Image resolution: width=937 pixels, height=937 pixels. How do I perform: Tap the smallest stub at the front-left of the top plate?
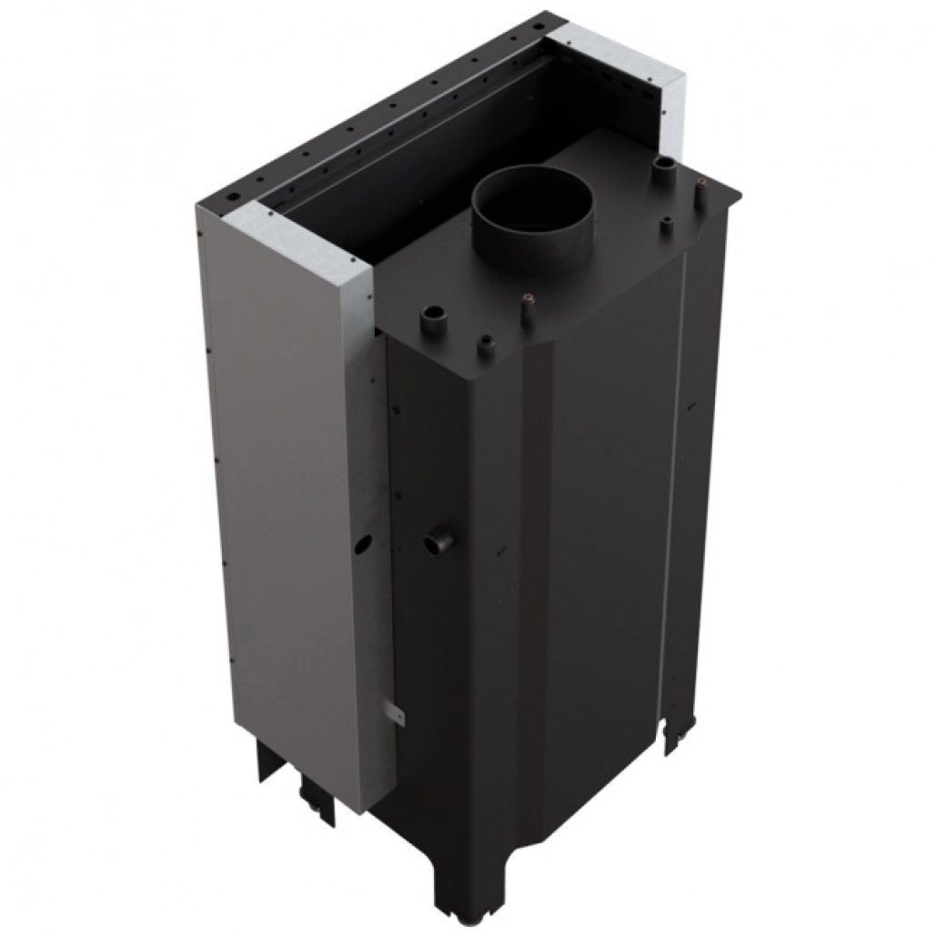[489, 346]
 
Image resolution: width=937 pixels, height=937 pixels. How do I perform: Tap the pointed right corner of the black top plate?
[738, 194]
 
